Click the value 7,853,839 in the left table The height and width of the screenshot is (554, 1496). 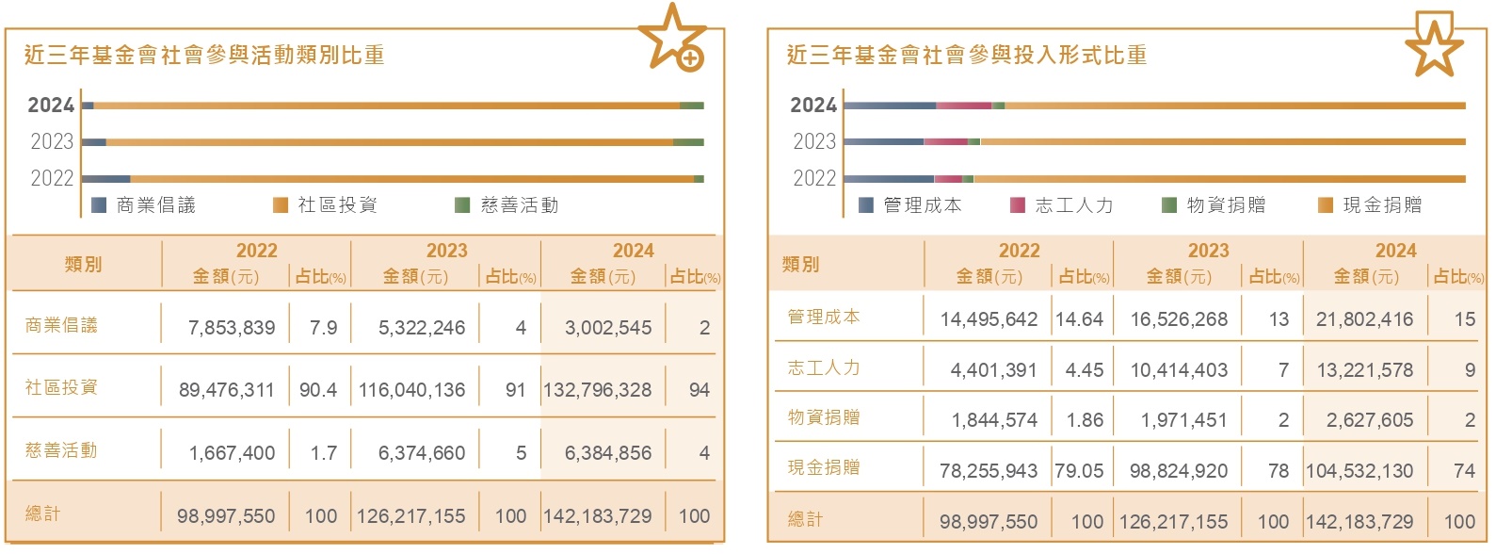click(x=232, y=328)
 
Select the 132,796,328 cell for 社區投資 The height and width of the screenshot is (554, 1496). click(x=597, y=390)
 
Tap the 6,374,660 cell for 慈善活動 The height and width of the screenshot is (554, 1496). click(x=422, y=453)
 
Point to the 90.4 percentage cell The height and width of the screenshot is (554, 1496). click(x=318, y=390)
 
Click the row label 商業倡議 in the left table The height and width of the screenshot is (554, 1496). click(x=61, y=325)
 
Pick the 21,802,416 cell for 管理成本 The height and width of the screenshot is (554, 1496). click(x=1364, y=319)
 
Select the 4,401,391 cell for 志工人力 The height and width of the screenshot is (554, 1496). click(x=993, y=370)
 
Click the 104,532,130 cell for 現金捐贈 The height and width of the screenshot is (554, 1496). click(x=1359, y=471)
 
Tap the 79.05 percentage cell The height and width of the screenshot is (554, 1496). click(x=1079, y=471)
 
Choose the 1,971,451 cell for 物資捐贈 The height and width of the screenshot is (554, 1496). click(x=1183, y=420)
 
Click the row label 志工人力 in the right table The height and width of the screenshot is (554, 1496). click(x=824, y=368)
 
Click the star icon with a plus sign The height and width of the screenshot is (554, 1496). click(x=673, y=39)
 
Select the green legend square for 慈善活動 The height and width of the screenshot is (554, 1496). click(x=462, y=204)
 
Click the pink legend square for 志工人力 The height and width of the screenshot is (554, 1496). click(x=1017, y=204)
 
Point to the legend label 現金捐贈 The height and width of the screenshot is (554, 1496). click(x=1382, y=204)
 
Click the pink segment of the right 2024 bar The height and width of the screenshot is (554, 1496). click(x=963, y=106)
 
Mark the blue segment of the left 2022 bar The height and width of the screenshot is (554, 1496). click(x=106, y=178)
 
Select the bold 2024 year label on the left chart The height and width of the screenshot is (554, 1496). click(x=51, y=106)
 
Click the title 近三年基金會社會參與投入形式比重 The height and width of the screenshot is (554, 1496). click(x=967, y=56)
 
